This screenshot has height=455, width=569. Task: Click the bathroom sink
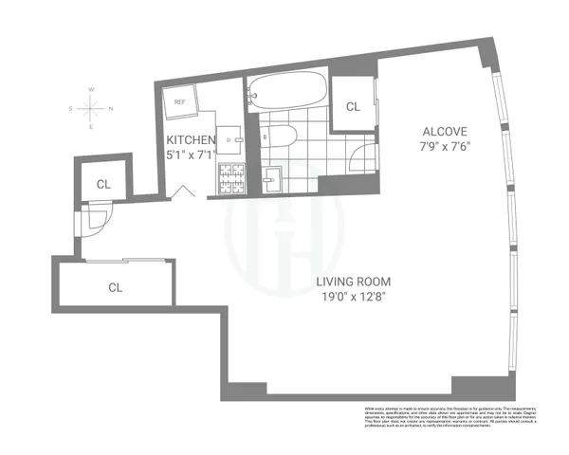pos(272,177)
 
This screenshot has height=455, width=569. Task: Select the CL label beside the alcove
pos(353,106)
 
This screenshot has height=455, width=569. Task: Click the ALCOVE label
pos(443,130)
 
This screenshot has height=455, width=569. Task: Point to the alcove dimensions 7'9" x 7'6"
pos(443,145)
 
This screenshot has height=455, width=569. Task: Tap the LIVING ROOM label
pos(353,282)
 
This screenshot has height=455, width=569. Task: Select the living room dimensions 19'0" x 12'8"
pos(353,297)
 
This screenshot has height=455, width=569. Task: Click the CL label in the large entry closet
pos(116,286)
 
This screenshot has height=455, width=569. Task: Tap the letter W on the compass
pos(91,90)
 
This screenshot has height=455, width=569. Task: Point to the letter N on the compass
pos(111,108)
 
